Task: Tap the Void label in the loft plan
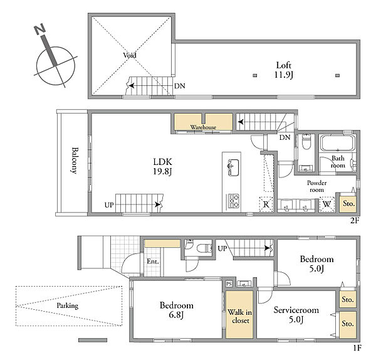click(130, 55)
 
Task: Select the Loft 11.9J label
click(284, 70)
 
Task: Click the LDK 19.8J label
click(162, 167)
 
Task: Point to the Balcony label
click(75, 161)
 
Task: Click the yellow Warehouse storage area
click(203, 122)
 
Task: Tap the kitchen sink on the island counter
click(233, 167)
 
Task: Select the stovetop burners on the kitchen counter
click(233, 201)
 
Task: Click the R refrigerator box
click(266, 204)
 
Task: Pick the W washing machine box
click(326, 204)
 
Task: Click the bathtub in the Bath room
click(338, 143)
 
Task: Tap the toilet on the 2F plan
click(306, 142)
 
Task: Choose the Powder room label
click(316, 186)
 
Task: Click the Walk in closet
click(239, 314)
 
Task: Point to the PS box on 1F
click(229, 284)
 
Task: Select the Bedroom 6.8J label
click(177, 310)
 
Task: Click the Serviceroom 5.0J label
click(296, 315)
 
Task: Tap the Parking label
click(68, 306)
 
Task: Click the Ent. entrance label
click(153, 262)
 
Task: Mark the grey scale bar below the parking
click(93, 340)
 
